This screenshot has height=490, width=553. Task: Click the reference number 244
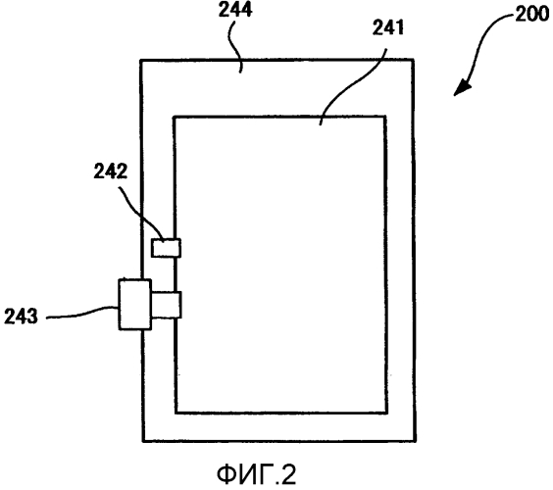pyautogui.click(x=235, y=10)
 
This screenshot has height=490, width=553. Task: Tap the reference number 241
pyautogui.click(x=388, y=27)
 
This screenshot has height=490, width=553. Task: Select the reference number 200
pyautogui.click(x=532, y=15)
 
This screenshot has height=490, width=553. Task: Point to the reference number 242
pyautogui.click(x=111, y=171)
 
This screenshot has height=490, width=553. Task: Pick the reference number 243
pyautogui.click(x=21, y=316)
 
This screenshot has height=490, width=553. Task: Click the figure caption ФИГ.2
pyautogui.click(x=256, y=474)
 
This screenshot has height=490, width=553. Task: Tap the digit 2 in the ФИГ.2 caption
pyautogui.click(x=289, y=474)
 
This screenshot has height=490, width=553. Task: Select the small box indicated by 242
pyautogui.click(x=166, y=248)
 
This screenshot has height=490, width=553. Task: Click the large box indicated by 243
pyautogui.click(x=135, y=305)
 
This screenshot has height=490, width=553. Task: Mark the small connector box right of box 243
pyautogui.click(x=166, y=305)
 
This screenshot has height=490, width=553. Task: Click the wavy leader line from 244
pyautogui.click(x=234, y=45)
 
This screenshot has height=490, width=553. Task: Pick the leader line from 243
pyautogui.click(x=82, y=313)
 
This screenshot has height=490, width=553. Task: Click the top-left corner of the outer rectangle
pyautogui.click(x=141, y=61)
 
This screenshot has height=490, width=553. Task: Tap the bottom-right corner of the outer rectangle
pyautogui.click(x=416, y=441)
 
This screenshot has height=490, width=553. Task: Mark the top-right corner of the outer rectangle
pyautogui.click(x=413, y=60)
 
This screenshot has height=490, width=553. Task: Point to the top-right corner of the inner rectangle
pyautogui.click(x=385, y=117)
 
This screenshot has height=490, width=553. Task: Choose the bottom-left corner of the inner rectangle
pyautogui.click(x=176, y=413)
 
